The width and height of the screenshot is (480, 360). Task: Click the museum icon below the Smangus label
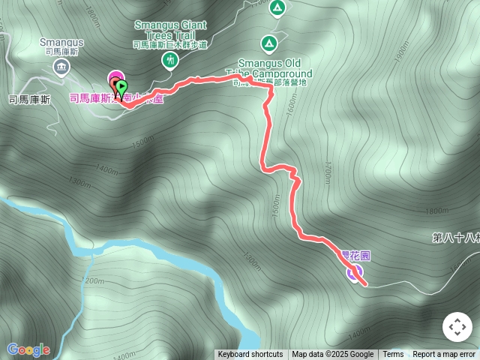[60, 68]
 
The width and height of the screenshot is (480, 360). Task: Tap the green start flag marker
[121, 89]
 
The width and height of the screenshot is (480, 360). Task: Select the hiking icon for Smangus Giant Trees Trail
[170, 59]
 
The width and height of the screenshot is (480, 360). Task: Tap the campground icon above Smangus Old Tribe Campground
[269, 43]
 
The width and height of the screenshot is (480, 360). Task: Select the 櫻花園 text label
[355, 256]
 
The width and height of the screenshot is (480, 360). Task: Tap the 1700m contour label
[328, 174]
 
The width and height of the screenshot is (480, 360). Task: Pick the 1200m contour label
[92, 281]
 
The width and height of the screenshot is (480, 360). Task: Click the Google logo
[28, 349]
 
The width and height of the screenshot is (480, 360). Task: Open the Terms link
[393, 355]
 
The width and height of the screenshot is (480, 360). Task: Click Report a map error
[444, 355]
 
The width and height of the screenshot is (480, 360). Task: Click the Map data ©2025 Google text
[332, 355]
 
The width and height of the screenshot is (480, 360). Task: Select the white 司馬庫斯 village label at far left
[29, 99]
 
